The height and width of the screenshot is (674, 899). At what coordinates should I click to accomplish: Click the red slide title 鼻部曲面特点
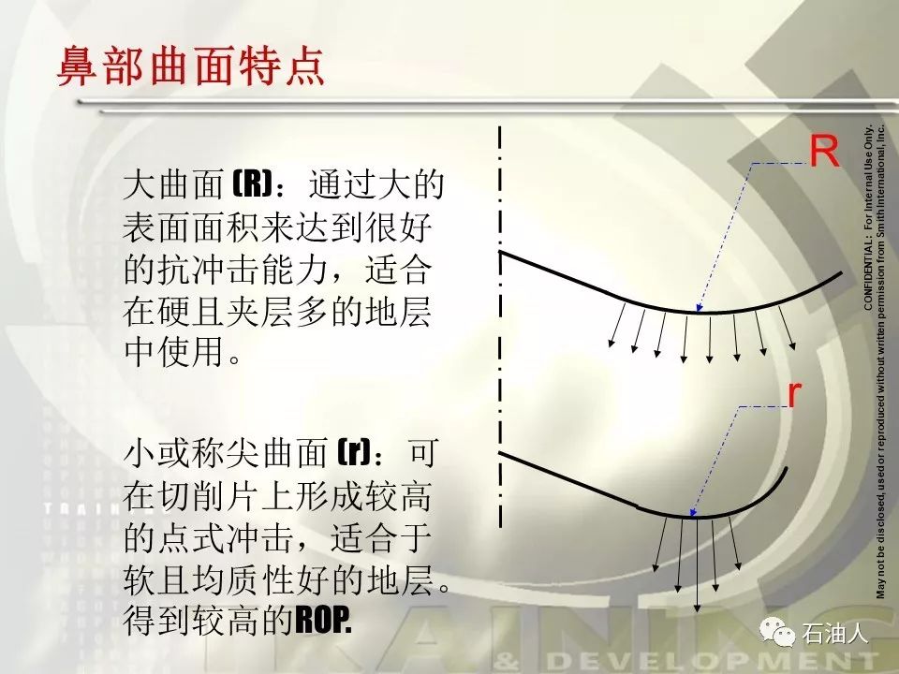[x=191, y=66]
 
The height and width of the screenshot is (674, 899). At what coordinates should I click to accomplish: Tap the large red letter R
[x=824, y=152]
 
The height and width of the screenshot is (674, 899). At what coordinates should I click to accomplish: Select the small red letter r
[x=794, y=394]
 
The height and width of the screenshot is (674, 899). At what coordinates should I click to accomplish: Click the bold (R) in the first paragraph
[x=252, y=184]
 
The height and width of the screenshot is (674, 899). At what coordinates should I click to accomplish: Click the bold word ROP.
[x=323, y=620]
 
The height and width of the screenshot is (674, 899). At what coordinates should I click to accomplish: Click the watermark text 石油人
[x=834, y=633]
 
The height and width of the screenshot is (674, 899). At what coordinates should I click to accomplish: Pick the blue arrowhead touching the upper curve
[x=699, y=307]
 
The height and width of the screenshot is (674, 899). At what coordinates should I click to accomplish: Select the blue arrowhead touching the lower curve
[x=693, y=512]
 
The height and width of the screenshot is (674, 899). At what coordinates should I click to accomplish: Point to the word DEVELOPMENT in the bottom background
[x=711, y=662]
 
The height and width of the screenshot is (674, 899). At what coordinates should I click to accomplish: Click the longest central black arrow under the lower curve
[x=697, y=564]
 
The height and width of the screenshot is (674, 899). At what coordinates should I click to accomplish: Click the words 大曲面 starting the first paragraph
[x=173, y=184]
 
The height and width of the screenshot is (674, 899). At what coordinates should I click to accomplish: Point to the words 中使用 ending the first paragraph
[x=173, y=351]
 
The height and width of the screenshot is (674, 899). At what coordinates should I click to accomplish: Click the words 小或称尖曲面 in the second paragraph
[x=226, y=453]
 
